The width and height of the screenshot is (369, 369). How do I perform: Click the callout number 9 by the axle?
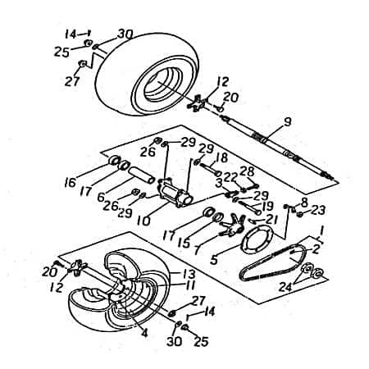point(287,122)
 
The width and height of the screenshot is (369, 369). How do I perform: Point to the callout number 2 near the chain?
point(317,248)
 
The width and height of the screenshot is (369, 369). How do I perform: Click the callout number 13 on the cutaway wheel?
point(188,274)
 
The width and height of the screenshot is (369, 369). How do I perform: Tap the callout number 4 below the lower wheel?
point(145,332)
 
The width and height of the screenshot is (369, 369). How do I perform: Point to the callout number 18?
point(221,157)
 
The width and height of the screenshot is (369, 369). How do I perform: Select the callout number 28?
point(248,171)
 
